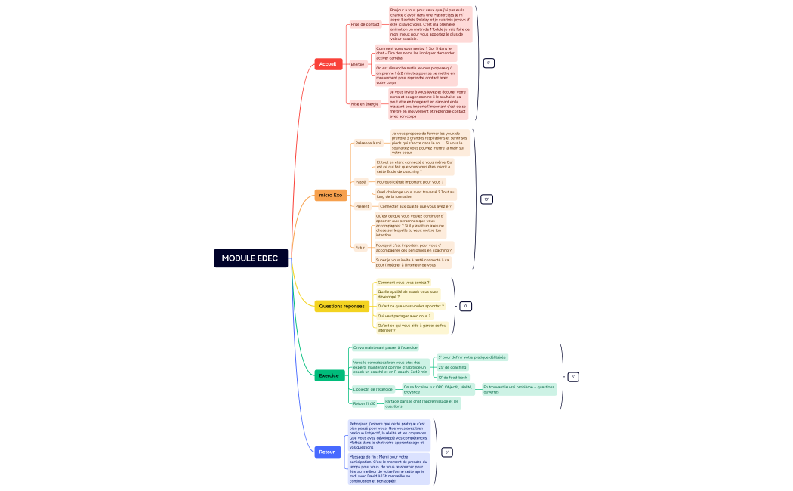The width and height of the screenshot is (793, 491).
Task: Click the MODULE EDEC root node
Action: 250,258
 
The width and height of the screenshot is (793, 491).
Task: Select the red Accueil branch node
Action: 328,64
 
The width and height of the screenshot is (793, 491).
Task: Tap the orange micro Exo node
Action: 330,196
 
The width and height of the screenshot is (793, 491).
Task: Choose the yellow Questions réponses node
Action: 341,306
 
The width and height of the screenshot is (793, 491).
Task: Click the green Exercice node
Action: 329,375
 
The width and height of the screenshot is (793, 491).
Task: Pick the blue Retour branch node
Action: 327,452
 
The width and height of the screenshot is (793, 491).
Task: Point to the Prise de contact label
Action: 366,24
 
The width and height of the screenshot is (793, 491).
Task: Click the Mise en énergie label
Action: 365,104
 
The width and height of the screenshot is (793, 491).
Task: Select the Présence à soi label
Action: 369,143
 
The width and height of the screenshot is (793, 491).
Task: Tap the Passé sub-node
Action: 360,182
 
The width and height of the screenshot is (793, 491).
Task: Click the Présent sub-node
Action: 362,206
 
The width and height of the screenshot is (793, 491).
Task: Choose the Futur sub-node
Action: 360,247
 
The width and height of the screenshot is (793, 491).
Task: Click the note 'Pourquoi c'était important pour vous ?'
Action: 410,182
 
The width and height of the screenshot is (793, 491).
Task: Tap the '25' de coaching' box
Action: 452,367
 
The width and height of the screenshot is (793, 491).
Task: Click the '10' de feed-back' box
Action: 453,377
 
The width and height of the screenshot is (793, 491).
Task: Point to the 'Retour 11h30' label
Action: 364,403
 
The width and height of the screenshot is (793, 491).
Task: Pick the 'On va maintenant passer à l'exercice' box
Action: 384,347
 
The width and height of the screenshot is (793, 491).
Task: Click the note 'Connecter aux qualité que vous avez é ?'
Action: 415,206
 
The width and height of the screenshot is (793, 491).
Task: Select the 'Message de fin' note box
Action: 388,468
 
